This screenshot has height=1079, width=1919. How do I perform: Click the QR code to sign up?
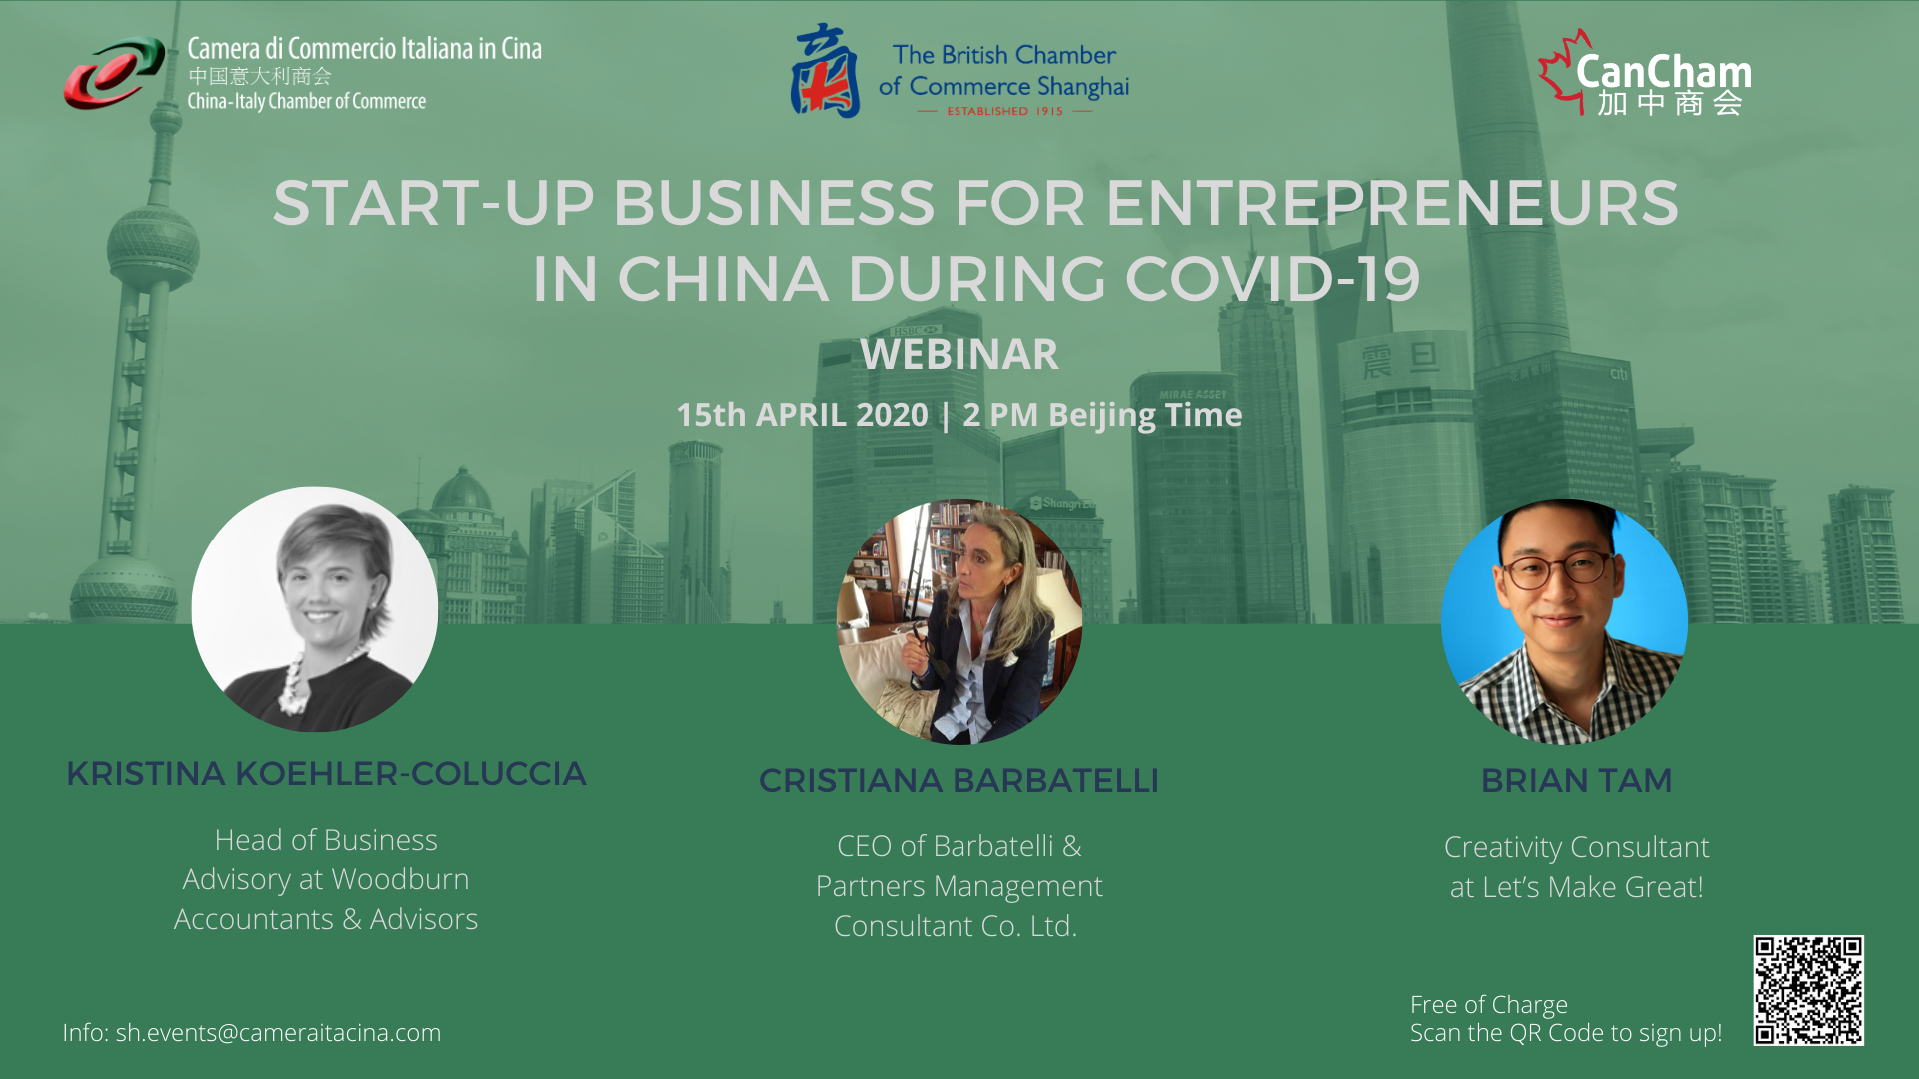click(x=1808, y=990)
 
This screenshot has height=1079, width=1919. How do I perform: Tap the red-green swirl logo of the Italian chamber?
click(x=114, y=73)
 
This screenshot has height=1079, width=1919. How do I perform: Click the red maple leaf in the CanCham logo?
click(x=1562, y=70)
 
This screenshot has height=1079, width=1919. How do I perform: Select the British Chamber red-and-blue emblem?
click(x=825, y=71)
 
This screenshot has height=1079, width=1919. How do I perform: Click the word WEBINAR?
click(x=959, y=354)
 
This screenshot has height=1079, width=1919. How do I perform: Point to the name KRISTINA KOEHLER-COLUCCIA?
click(x=326, y=774)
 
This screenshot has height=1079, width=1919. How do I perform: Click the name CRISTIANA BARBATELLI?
click(x=959, y=780)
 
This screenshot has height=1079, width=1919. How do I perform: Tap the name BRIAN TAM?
click(x=1576, y=780)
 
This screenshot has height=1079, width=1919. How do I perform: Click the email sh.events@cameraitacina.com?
click(x=278, y=1032)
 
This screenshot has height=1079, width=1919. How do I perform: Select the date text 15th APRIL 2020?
click(x=802, y=414)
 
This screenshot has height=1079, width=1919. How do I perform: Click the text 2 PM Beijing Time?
click(x=1102, y=415)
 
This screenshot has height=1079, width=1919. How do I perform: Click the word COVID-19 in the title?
click(x=1273, y=278)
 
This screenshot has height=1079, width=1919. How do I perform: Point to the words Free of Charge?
click(x=1489, y=1004)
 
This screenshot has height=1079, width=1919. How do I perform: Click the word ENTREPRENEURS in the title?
click(x=1392, y=203)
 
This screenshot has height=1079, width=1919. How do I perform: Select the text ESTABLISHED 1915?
click(x=1005, y=111)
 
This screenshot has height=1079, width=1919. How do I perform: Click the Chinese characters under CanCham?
click(x=1669, y=103)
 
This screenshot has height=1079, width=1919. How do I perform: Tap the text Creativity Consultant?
click(x=1576, y=847)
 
